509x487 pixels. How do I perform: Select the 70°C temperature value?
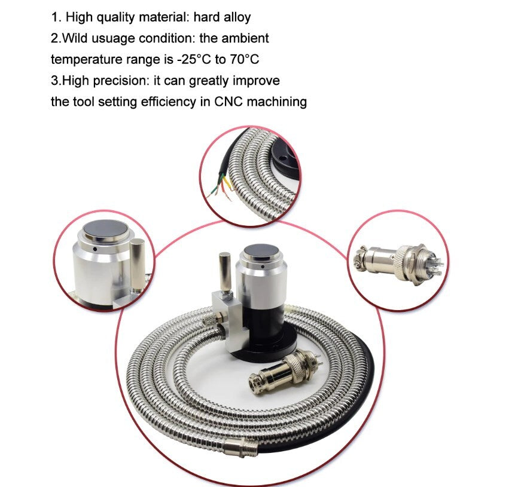pos(245,59)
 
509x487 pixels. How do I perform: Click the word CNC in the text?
pos(228,102)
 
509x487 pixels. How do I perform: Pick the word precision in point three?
pos(121,81)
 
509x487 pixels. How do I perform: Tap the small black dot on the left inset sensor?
pos(95,249)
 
